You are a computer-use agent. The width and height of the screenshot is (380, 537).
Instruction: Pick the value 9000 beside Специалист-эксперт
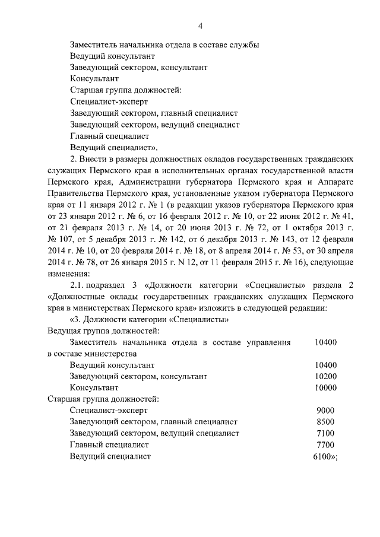tap(326, 410)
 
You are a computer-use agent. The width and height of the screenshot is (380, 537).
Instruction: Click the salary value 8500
tap(326, 422)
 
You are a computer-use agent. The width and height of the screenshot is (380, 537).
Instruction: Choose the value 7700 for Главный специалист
tap(326, 444)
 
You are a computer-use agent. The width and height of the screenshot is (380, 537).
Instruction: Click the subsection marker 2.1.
tap(77, 285)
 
